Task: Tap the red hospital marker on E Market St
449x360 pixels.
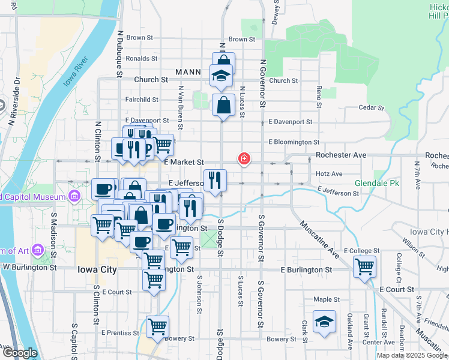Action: pos(244,159)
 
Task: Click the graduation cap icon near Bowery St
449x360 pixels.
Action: pos(324,321)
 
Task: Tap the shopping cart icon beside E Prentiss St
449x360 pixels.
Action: pos(157,326)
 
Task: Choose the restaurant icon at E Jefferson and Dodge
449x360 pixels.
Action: pos(215,179)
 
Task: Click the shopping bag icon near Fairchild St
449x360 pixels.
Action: pos(223,104)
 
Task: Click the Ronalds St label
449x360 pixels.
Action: pos(142,59)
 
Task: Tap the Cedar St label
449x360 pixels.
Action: pos(370,108)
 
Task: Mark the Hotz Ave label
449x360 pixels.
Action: pos(328,174)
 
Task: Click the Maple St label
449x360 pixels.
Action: pos(327,299)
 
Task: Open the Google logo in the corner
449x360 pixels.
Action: pos(20,353)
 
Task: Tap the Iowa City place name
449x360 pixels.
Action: pos(97,269)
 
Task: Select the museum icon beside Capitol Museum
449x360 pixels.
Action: pos(74,196)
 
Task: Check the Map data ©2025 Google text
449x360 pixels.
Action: pos(412,355)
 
